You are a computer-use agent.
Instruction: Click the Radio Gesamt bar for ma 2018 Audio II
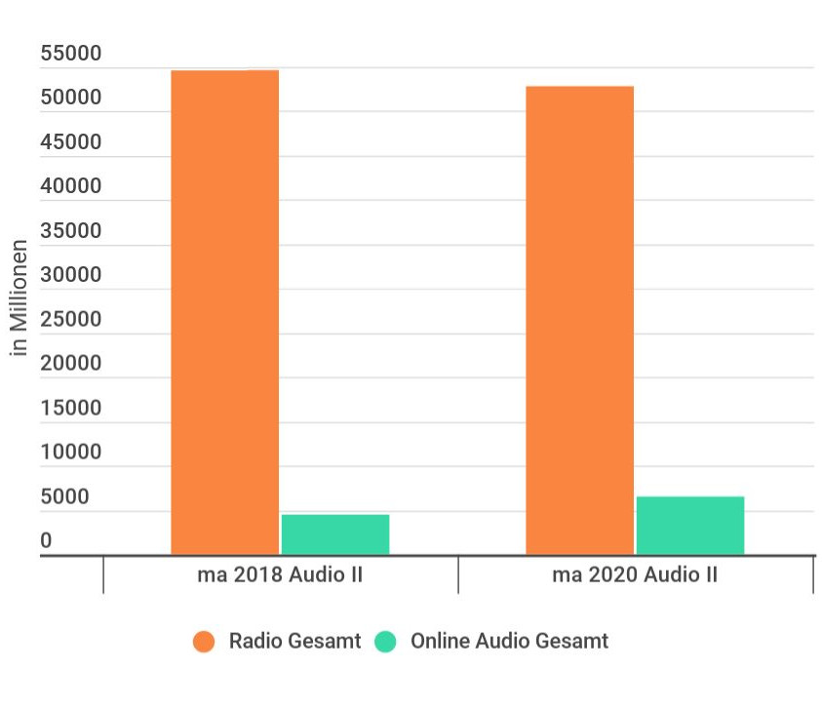(224, 312)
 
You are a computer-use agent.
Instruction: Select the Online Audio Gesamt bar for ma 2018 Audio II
(335, 534)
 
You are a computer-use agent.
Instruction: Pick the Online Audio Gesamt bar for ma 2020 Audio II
(690, 526)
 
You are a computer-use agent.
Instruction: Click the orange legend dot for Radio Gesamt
(204, 642)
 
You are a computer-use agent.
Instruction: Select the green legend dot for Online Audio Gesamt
(386, 642)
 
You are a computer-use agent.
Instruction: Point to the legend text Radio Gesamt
(294, 641)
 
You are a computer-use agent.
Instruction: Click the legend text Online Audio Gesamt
(509, 641)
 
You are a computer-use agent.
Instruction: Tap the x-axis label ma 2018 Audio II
(280, 574)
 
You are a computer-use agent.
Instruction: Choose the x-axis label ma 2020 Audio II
(635, 574)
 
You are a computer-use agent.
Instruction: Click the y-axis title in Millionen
(19, 296)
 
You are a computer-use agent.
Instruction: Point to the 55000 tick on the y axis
(70, 54)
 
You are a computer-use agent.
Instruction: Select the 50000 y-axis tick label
(70, 98)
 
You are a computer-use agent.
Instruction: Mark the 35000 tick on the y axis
(70, 231)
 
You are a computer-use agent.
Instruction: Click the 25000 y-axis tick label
(70, 319)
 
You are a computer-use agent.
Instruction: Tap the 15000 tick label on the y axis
(70, 408)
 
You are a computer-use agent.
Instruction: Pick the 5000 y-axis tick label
(64, 496)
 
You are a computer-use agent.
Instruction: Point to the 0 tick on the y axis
(46, 540)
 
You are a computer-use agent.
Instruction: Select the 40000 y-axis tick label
(70, 186)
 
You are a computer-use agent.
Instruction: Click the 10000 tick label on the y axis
(70, 452)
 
